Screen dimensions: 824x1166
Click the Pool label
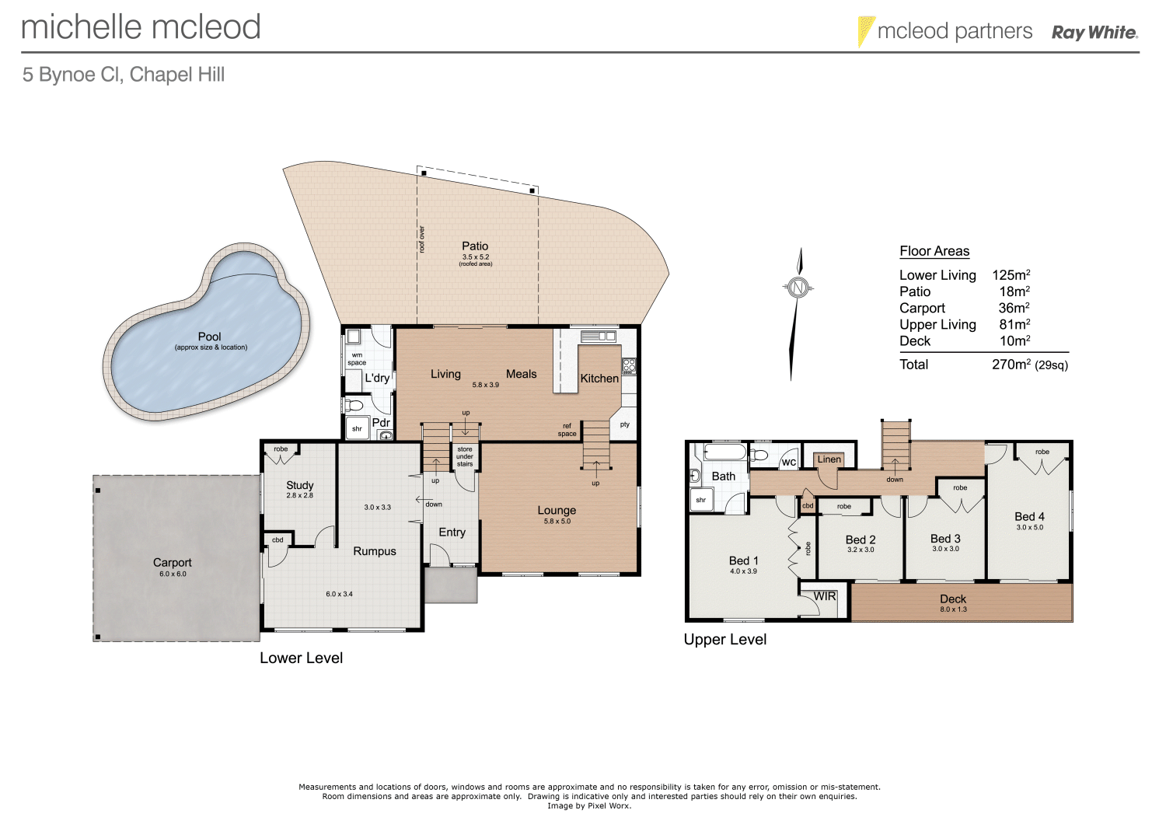[209, 337]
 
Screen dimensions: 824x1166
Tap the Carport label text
[172, 562]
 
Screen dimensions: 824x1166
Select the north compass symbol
[798, 288]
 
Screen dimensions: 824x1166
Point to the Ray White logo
[1094, 33]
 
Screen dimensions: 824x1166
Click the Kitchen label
[599, 379]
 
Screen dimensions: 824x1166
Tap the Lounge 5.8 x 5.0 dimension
[557, 522]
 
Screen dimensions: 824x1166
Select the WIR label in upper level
[825, 596]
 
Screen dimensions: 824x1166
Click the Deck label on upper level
[952, 599]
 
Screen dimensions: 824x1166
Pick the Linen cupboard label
[829, 459]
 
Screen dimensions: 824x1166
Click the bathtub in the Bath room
[724, 452]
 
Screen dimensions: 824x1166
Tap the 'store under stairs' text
[465, 456]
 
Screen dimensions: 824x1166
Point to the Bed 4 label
[1029, 516]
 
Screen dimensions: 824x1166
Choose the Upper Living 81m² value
[1014, 324]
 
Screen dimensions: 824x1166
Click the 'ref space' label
[567, 430]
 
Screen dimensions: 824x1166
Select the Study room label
[299, 485]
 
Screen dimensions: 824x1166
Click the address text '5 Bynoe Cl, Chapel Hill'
[124, 75]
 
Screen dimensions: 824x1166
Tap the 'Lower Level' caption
[301, 658]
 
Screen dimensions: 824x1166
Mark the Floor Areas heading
[934, 251]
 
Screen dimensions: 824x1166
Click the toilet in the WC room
[759, 455]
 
